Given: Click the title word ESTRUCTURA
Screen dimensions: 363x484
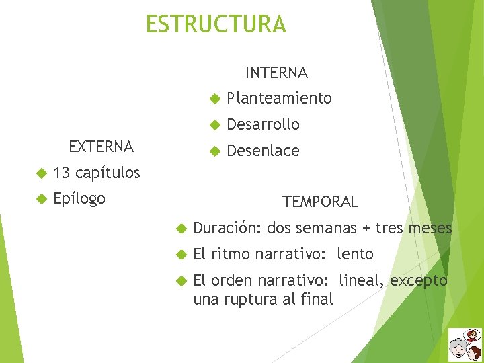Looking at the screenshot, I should (216, 24).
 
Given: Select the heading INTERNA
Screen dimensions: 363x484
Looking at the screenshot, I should (276, 72).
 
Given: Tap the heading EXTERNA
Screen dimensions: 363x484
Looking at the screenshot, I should (102, 146).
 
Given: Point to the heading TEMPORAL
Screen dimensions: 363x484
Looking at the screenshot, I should (320, 202).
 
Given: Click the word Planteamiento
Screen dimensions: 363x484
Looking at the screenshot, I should (279, 98).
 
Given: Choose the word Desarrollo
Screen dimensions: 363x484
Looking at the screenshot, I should (263, 124).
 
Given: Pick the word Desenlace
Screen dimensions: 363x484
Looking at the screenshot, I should (263, 151).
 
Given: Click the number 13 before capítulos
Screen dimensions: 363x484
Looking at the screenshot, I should (62, 173).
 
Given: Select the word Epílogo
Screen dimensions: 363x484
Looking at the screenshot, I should (79, 199).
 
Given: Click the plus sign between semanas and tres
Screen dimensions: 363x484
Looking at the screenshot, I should (366, 228).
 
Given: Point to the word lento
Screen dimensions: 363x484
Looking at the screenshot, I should (356, 254).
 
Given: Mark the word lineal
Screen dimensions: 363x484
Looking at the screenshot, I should (363, 280).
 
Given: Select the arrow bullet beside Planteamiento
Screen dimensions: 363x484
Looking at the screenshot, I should (214, 99).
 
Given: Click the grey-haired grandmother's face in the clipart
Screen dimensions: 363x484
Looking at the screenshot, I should (460, 350).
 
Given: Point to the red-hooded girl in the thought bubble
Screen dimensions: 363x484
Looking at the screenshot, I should (473, 335).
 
